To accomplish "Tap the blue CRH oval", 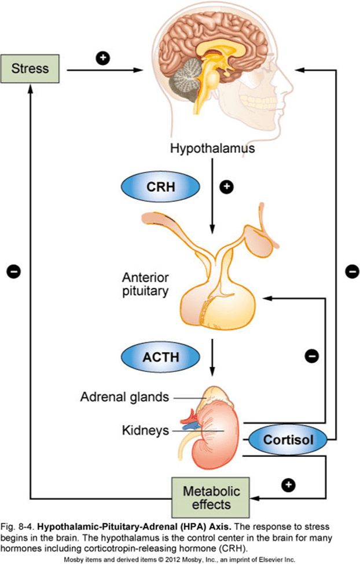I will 160,188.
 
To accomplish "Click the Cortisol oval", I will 288,440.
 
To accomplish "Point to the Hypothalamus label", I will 212,150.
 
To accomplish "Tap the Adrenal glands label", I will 124,397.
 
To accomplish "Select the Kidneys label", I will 145,430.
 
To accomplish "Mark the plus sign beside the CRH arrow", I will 227,186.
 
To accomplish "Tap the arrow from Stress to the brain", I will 104,71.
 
